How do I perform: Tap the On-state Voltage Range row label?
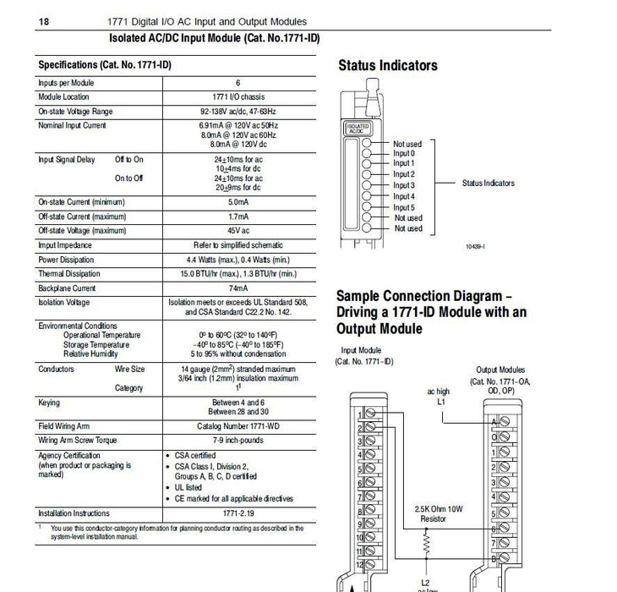tap(74, 112)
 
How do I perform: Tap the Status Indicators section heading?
tap(388, 66)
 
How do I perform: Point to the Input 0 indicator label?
tap(404, 153)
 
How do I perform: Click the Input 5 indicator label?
tap(404, 207)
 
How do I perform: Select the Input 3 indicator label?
tap(404, 185)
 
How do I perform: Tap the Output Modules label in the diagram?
tap(500, 370)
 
